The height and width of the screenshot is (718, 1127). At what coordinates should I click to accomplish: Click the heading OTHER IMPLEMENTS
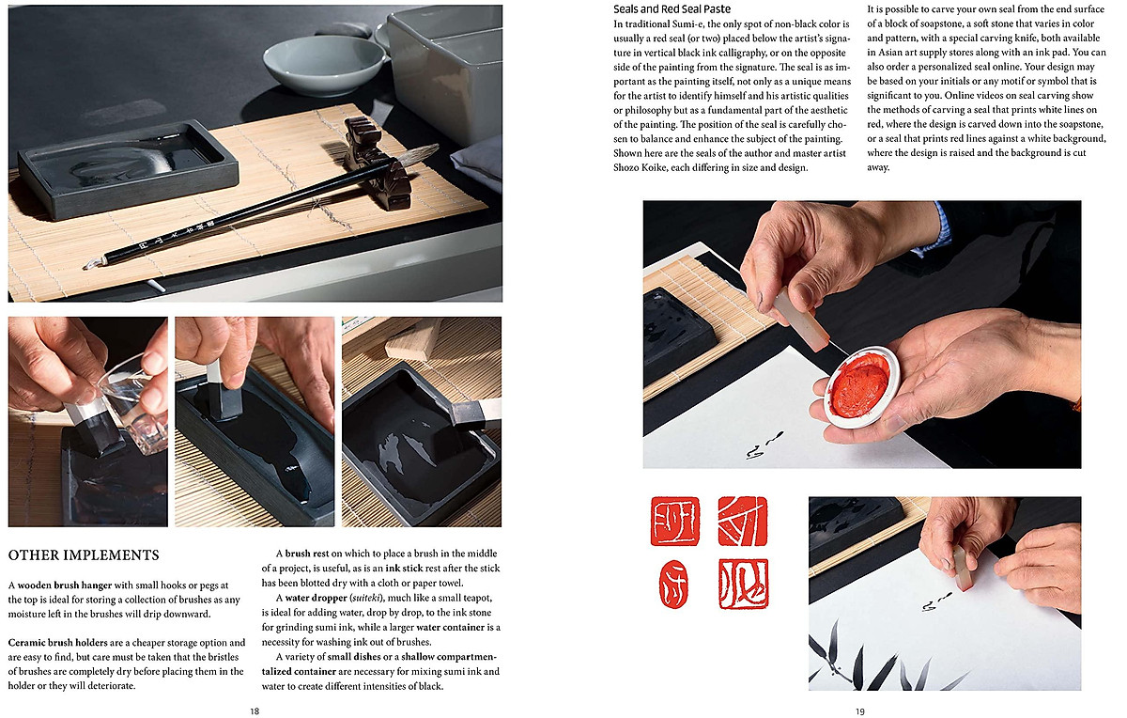click(84, 555)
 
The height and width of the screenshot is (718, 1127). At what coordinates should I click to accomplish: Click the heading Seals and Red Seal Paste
click(672, 8)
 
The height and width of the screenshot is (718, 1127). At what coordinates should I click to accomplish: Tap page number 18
click(255, 711)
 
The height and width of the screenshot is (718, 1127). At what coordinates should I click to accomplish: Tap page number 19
click(859, 711)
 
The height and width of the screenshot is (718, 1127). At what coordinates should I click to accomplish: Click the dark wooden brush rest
click(376, 160)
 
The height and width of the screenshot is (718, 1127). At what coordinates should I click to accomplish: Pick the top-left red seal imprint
click(674, 522)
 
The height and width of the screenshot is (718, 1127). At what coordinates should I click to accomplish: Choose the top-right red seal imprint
click(743, 521)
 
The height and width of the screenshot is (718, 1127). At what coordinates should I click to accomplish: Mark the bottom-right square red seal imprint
click(743, 584)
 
